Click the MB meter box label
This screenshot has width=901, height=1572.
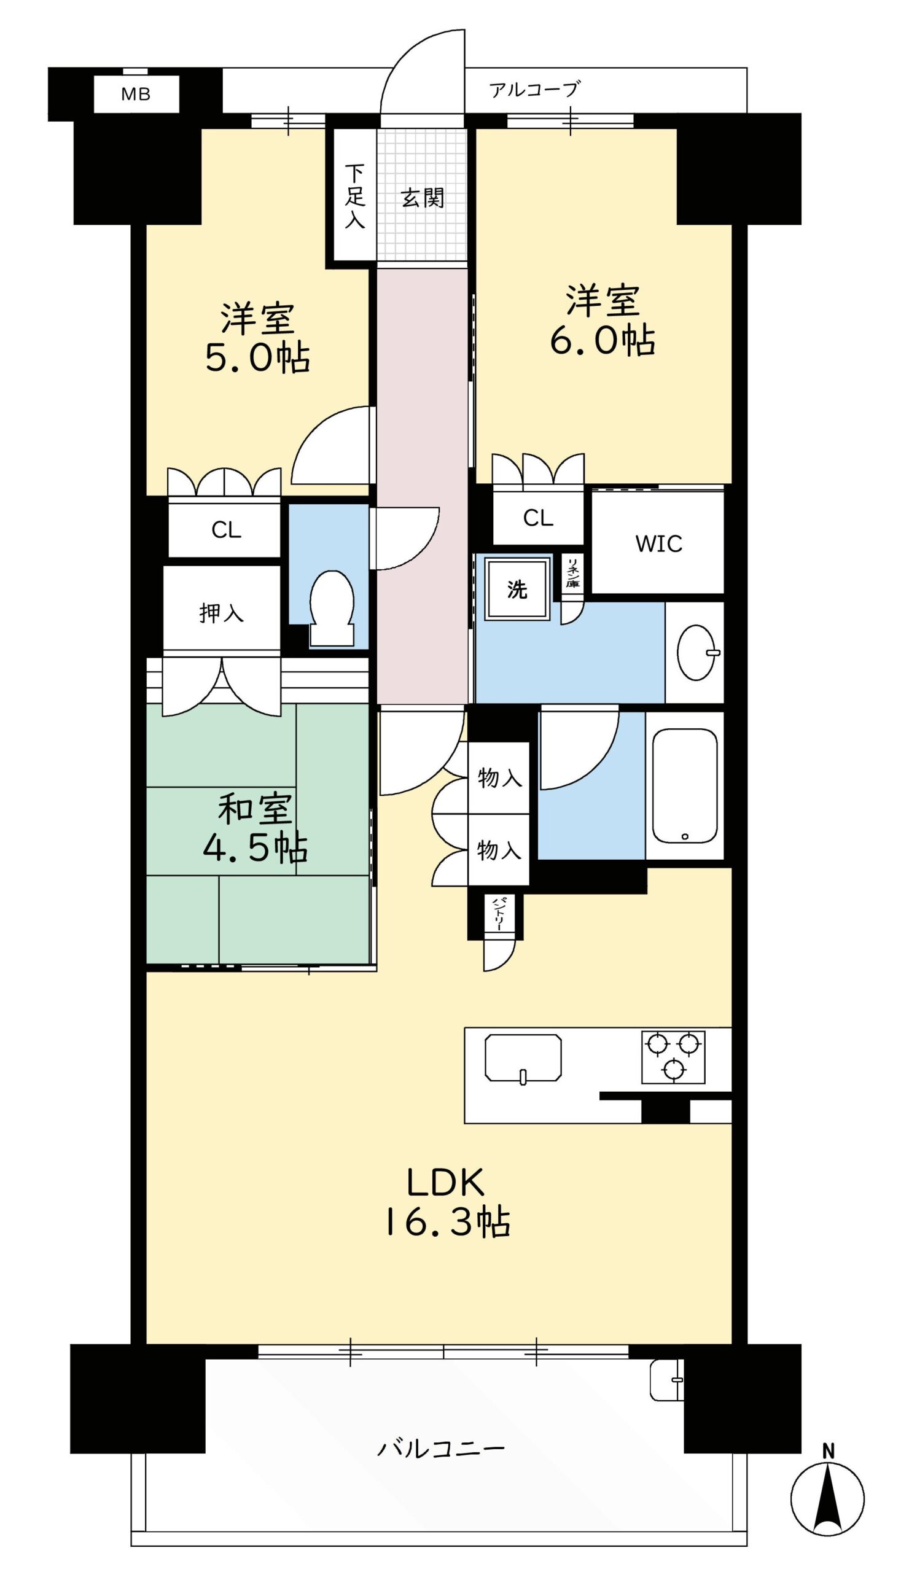(136, 94)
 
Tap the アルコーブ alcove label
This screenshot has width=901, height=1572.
(535, 90)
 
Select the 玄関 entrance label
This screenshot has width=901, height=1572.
(423, 198)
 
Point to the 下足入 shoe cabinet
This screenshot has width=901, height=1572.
(354, 195)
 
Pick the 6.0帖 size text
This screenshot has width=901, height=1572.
(603, 340)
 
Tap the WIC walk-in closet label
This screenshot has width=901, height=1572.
(658, 544)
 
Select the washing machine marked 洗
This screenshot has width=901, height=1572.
(517, 588)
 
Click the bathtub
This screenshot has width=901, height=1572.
(684, 785)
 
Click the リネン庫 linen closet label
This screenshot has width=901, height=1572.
(573, 572)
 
